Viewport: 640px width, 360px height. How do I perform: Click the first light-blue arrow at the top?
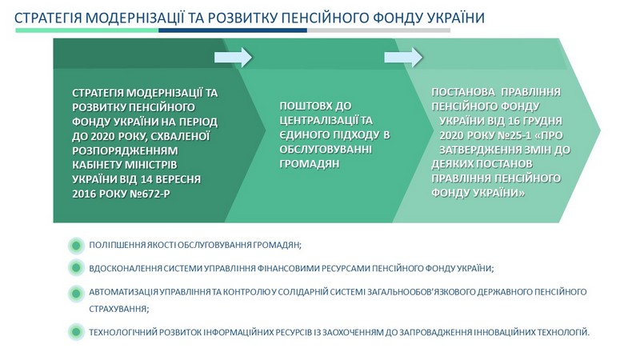coord(234,57)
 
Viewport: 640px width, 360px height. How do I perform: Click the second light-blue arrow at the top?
coord(403,57)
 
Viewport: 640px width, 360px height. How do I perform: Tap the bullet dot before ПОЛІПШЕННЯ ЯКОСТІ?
coord(76,246)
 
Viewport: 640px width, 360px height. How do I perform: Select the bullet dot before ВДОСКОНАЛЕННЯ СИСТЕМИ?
coord(76,268)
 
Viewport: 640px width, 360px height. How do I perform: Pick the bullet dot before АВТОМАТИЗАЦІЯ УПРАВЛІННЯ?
coord(76,293)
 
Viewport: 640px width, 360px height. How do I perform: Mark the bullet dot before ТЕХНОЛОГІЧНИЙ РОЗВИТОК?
coord(76,332)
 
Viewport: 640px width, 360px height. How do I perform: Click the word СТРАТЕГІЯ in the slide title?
coord(48,18)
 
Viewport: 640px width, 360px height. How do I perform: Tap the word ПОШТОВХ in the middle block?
coord(306,106)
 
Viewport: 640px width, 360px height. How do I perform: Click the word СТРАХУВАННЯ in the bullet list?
coord(118,309)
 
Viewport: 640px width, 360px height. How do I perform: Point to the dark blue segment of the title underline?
coord(233,30)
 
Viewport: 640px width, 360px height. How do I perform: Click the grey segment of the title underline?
coord(378,30)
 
